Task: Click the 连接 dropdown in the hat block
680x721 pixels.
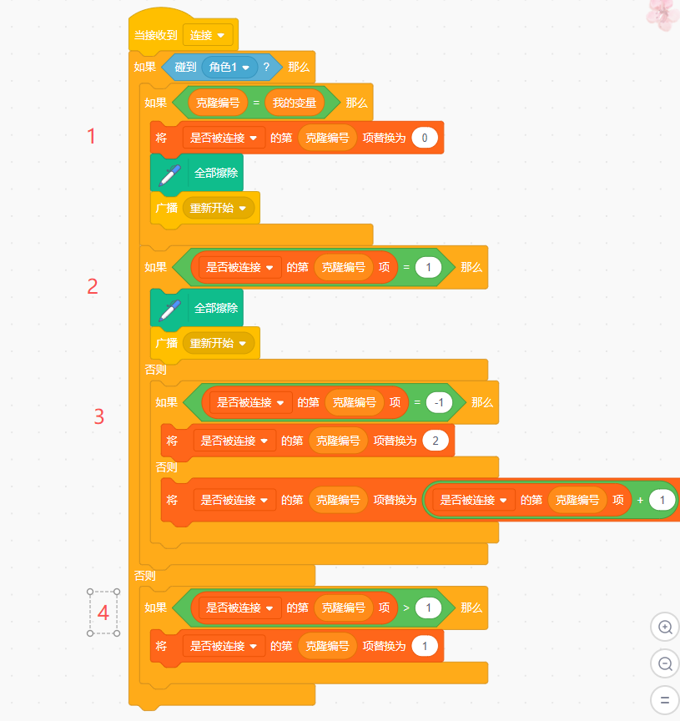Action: (x=208, y=35)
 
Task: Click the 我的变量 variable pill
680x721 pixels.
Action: (x=295, y=103)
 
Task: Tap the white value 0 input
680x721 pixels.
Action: (x=425, y=138)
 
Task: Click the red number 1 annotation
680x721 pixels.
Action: (x=92, y=137)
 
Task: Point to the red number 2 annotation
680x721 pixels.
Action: (x=93, y=286)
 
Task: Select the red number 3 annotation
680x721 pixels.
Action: (x=98, y=416)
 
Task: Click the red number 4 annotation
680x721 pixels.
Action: (x=103, y=613)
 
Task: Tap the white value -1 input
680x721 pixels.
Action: (x=439, y=402)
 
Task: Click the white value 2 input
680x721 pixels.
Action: (x=436, y=441)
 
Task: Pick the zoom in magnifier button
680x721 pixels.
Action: (x=665, y=628)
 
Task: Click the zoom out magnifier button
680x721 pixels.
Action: (x=665, y=664)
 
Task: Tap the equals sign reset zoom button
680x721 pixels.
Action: (x=665, y=700)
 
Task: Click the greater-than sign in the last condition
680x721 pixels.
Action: (x=406, y=608)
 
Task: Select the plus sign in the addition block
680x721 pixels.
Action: (x=640, y=500)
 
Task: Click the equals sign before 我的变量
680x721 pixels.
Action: (x=256, y=103)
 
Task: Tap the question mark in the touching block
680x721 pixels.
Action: (x=266, y=67)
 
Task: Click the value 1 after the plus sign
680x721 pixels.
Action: (x=662, y=500)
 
